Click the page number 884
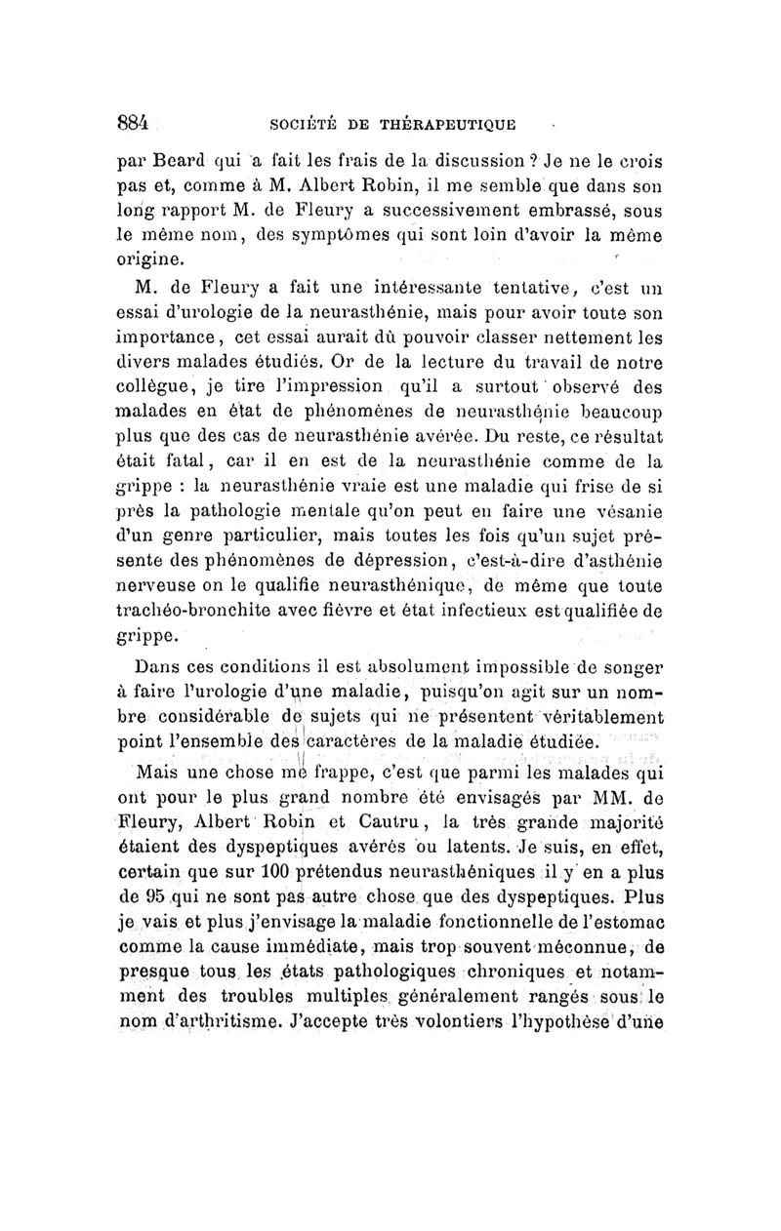131,123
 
